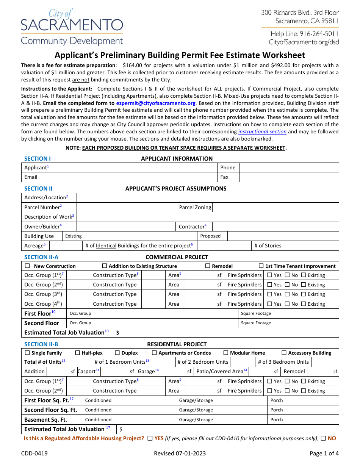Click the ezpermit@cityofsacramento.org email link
[155, 103]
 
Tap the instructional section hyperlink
[262, 132]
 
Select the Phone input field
[289, 167]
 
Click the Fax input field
[289, 177]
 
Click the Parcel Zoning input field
[275, 207]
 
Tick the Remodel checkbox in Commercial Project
[208, 266]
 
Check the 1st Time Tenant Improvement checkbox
[261, 266]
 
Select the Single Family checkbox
[27, 353]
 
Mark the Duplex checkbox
[117, 353]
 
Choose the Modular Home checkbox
[226, 353]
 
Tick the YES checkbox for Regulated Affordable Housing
[150, 438]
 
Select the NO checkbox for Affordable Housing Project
[323, 438]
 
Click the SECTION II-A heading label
[41, 257]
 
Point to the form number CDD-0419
[34, 453]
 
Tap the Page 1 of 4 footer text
[324, 453]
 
